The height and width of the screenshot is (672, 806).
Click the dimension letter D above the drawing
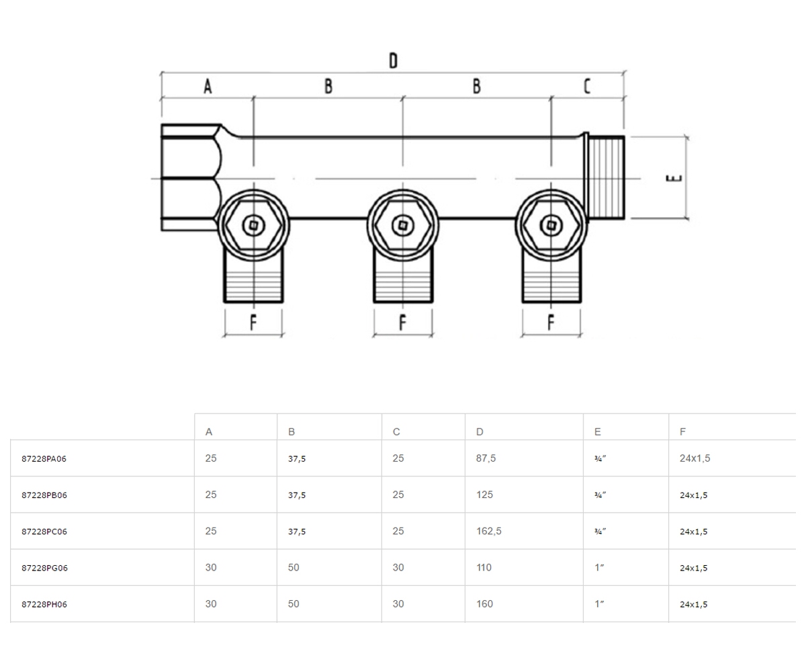[393, 60]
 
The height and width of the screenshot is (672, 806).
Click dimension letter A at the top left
[208, 86]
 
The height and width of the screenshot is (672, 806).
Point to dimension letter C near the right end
[587, 86]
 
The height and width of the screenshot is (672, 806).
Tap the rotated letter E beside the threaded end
[674, 178]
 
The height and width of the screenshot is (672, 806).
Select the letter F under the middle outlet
[402, 322]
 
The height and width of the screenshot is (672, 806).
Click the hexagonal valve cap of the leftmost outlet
[254, 225]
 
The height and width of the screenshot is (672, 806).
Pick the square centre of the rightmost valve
[551, 225]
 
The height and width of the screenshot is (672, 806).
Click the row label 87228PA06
[44, 458]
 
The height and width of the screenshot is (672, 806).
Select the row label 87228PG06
[44, 568]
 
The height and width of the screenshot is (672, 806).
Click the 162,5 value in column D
[489, 531]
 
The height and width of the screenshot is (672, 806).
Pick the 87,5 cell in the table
[486, 458]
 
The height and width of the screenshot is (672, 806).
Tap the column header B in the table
[292, 432]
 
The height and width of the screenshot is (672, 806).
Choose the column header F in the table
[683, 432]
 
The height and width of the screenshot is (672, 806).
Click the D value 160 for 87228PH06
[484, 603]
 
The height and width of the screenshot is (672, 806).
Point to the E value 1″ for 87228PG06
[599, 567]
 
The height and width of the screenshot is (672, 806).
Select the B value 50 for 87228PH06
[294, 603]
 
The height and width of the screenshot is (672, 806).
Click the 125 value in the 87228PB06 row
[484, 495]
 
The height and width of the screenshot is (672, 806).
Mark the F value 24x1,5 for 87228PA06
[695, 458]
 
